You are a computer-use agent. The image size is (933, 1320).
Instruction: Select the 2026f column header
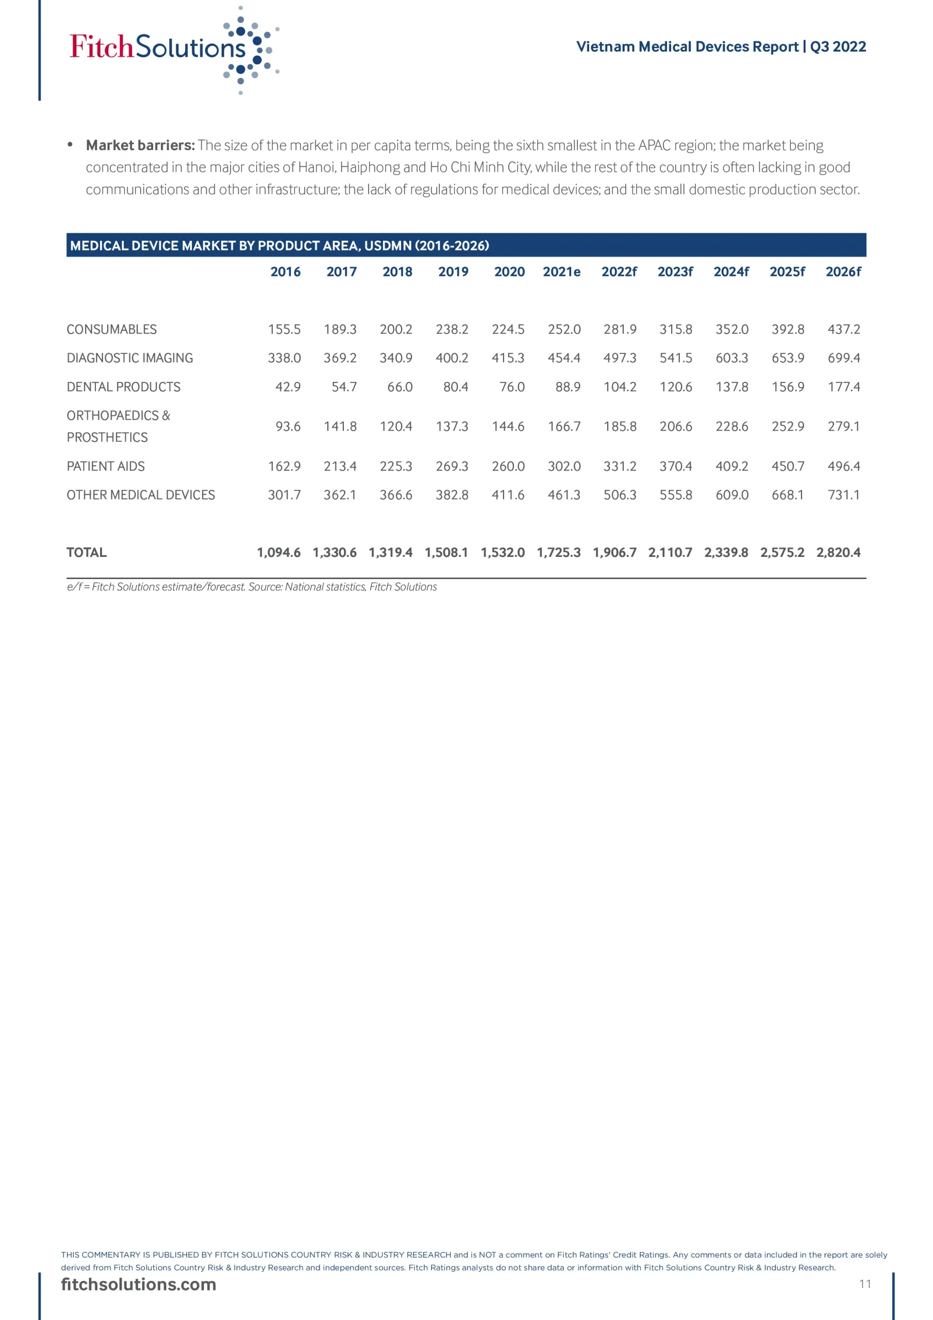(x=843, y=272)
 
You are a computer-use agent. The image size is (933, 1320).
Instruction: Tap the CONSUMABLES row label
(x=111, y=329)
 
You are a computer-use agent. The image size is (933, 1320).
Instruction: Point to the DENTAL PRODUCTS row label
(x=124, y=387)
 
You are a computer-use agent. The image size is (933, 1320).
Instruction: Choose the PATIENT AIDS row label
(x=106, y=466)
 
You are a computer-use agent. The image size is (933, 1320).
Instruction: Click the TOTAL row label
(x=87, y=552)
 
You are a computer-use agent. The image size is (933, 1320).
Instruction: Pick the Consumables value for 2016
(x=284, y=329)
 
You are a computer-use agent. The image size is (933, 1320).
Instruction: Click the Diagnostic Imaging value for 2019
(x=452, y=358)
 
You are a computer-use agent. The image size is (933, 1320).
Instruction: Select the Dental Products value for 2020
(x=512, y=387)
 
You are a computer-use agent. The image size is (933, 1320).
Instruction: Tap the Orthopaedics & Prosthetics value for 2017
(x=340, y=426)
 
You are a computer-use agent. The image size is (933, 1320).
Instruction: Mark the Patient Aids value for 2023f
(x=675, y=466)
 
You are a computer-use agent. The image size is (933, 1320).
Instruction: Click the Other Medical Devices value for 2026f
(x=843, y=495)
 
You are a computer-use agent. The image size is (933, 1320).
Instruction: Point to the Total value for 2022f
(x=614, y=552)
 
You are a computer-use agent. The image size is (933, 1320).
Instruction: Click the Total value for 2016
(x=279, y=552)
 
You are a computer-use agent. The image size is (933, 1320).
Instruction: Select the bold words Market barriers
(x=140, y=145)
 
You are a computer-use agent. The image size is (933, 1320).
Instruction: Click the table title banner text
(x=279, y=246)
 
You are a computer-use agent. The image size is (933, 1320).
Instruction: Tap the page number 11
(x=864, y=1284)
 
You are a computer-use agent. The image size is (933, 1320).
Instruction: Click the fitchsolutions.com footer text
(x=139, y=1284)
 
